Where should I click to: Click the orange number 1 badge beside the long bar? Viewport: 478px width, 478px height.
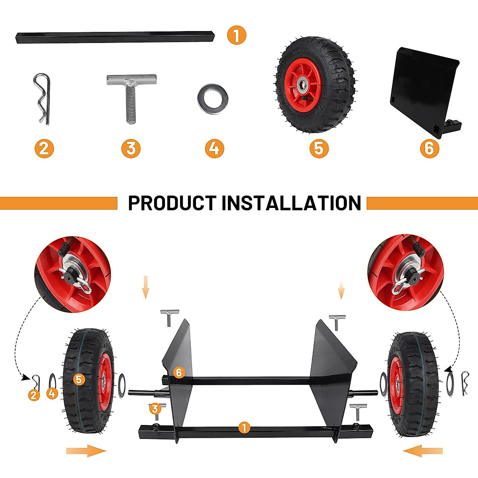(237, 35)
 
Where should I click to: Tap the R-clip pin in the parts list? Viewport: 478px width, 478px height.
(42, 98)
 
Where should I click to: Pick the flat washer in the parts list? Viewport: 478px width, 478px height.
(213, 99)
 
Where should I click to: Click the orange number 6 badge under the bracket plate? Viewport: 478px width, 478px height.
(429, 148)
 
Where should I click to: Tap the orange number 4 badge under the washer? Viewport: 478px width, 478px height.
(214, 148)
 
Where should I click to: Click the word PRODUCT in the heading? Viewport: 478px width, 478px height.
(172, 203)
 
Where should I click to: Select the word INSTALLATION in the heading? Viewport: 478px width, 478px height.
(291, 203)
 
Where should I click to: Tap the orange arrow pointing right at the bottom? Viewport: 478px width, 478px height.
(86, 451)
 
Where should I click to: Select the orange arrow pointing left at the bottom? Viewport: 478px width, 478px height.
(423, 451)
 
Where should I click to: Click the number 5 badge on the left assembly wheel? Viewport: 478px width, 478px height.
(78, 379)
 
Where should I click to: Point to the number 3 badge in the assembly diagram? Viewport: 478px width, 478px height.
(155, 408)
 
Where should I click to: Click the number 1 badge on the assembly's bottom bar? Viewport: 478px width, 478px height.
(244, 428)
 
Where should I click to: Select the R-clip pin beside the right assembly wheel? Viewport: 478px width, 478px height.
(465, 383)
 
